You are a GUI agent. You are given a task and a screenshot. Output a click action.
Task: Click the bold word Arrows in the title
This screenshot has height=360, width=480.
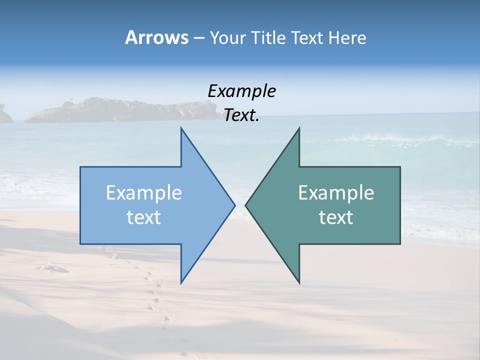[x=156, y=37]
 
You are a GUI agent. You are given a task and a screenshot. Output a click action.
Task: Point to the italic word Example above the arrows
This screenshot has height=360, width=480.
[x=241, y=91]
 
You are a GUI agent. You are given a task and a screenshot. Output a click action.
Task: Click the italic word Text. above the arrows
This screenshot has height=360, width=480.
[x=241, y=115]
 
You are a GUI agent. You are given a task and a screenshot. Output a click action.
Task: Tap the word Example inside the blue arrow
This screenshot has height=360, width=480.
[x=143, y=193]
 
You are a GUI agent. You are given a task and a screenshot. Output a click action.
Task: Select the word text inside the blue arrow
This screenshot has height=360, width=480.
[x=143, y=217]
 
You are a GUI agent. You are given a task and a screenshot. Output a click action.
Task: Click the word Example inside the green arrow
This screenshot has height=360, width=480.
[x=336, y=193]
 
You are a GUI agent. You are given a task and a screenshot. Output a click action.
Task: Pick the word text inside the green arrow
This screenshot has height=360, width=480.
[x=336, y=217]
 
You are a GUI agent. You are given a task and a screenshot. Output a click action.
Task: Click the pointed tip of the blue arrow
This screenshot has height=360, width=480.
[x=234, y=204]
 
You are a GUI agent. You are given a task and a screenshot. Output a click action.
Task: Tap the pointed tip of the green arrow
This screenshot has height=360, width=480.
[x=246, y=204]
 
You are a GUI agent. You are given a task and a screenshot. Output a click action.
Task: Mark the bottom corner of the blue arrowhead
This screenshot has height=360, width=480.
[x=181, y=282]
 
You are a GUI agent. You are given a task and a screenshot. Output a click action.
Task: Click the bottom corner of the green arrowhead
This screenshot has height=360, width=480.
[x=299, y=282]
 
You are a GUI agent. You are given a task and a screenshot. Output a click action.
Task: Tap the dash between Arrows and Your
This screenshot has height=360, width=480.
[x=198, y=38]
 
